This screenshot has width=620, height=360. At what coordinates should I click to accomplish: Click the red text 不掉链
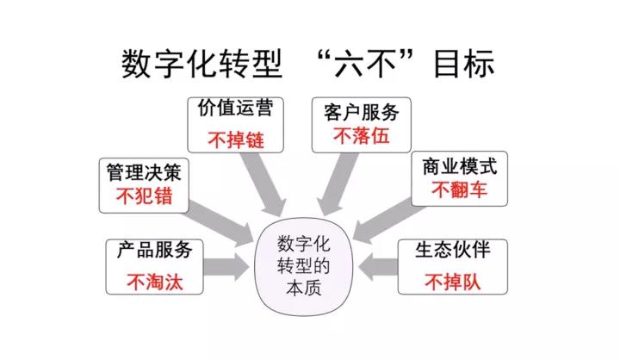[x=234, y=140]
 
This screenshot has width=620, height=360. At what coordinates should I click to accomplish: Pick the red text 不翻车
[x=460, y=189]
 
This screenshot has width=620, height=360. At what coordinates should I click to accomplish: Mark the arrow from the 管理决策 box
[x=220, y=218]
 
